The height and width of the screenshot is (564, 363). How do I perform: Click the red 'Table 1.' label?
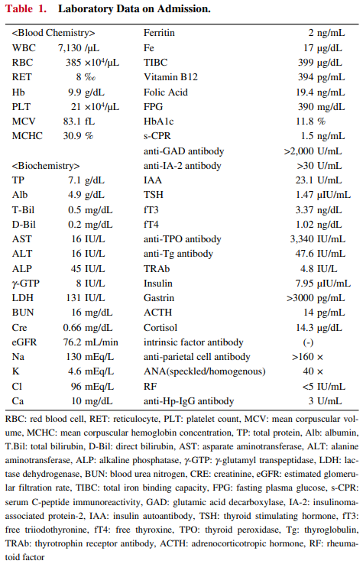26,8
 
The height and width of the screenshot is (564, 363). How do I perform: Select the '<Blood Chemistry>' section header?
53,33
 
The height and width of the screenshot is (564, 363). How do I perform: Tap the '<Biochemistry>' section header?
46,166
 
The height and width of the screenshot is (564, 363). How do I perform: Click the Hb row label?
18,92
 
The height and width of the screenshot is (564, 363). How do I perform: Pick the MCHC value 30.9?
72,136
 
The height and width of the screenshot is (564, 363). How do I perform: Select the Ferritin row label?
159,33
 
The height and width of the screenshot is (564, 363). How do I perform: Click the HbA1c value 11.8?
305,122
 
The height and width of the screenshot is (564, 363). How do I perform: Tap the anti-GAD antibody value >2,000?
299,151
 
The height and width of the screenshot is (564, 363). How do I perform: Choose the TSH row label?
154,195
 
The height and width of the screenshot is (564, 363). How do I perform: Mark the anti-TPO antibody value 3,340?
302,239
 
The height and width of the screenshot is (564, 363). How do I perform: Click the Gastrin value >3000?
300,298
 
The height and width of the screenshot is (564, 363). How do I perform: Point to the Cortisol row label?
160,328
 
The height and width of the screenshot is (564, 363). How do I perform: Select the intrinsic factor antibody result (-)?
308,343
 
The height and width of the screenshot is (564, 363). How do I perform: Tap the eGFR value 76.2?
72,342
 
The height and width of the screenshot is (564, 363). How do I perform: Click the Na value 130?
74,357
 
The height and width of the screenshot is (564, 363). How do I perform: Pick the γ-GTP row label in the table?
25,284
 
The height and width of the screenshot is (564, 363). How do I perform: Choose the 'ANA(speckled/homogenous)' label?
204,371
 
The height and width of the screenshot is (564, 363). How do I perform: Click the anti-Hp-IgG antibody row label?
189,401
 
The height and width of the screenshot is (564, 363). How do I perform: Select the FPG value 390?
306,107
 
